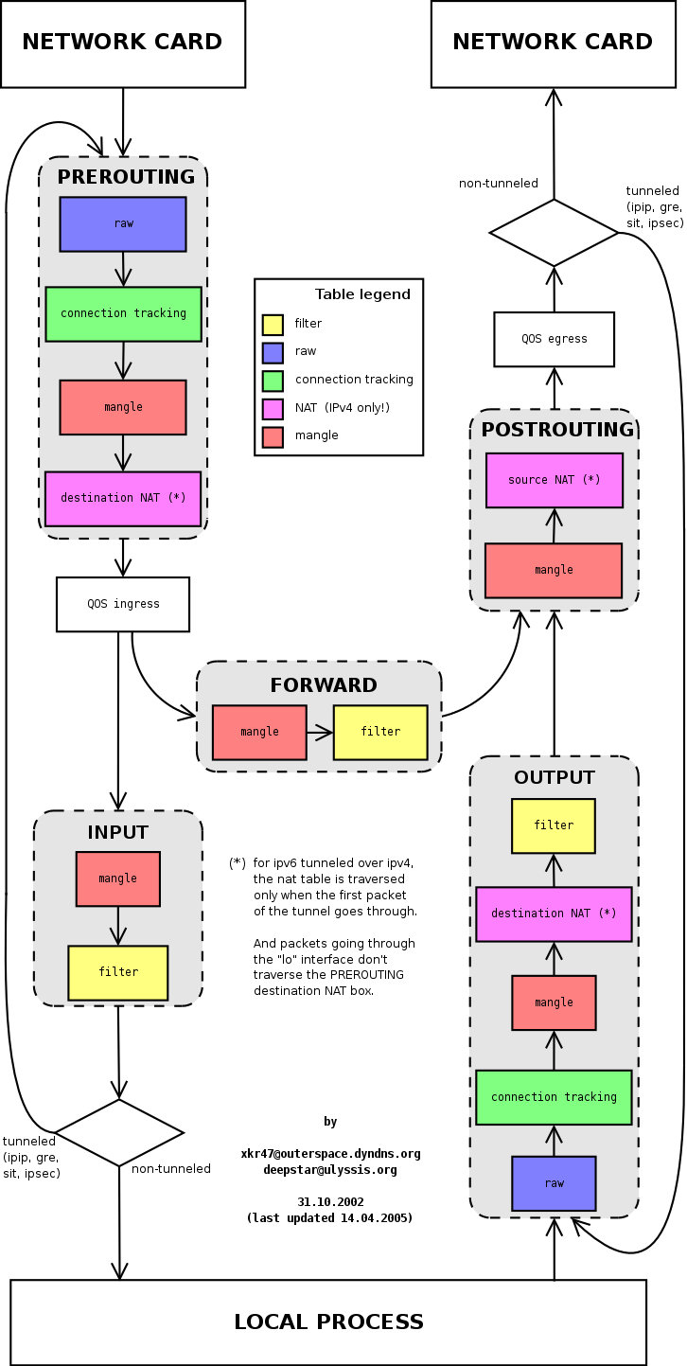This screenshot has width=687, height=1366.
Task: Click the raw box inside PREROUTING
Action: [123, 224]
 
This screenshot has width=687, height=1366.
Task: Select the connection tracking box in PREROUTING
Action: [123, 313]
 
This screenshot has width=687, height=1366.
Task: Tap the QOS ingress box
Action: [123, 604]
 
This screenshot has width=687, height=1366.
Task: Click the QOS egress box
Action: [554, 339]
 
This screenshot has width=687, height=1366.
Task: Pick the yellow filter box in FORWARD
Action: [380, 732]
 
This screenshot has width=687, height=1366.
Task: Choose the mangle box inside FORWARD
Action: [259, 732]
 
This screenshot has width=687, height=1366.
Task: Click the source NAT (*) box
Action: [554, 480]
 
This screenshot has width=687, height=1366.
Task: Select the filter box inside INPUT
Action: [117, 972]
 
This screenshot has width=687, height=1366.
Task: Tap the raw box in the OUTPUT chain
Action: [554, 1183]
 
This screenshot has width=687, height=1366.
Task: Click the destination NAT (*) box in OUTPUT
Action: [554, 914]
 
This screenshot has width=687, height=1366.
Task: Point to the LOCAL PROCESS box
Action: [328, 1322]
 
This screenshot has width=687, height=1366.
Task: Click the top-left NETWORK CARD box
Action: [122, 43]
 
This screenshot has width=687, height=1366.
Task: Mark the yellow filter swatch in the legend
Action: [273, 325]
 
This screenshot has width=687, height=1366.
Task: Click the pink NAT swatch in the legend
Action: [273, 407]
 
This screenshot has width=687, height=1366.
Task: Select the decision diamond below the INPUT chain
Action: [119, 1132]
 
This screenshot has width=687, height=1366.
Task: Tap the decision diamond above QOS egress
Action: [554, 232]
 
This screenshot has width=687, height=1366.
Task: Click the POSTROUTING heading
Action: [557, 430]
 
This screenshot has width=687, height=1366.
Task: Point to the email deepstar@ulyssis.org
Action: [330, 1169]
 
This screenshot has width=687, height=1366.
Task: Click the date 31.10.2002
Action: [330, 1201]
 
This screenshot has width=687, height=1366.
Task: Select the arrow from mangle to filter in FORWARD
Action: [320, 732]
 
